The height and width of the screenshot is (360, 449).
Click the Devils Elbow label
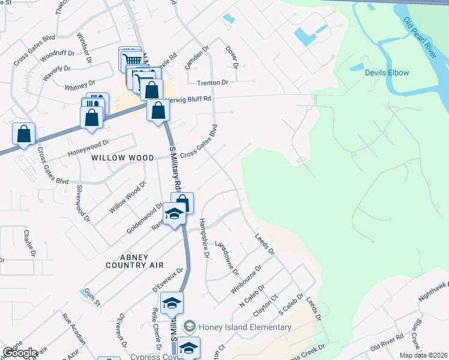(x=387, y=73)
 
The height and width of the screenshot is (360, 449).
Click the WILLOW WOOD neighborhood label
(x=122, y=158)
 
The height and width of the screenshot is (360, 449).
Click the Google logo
(x=20, y=352)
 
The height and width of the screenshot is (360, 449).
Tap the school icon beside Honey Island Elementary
(x=190, y=327)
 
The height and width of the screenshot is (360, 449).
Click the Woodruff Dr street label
(x=58, y=56)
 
